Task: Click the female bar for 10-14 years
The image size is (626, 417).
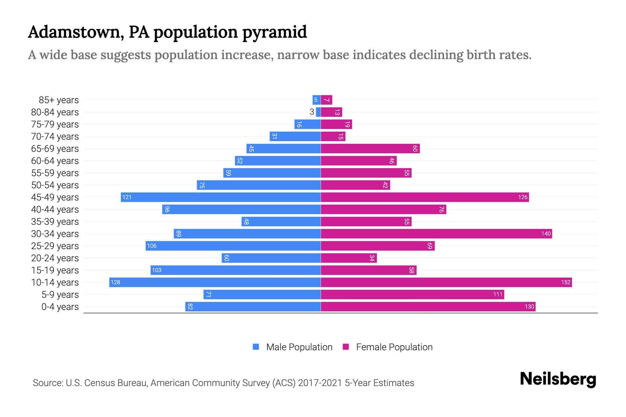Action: [x=446, y=282]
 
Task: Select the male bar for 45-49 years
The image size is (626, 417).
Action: [x=221, y=197]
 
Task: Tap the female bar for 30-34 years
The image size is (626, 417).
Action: [x=436, y=234]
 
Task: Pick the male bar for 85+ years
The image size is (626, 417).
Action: [x=316, y=100]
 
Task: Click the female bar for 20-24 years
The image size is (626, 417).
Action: [x=348, y=258]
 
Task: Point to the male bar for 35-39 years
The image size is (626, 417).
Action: [x=281, y=221]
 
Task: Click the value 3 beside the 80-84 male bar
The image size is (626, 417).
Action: [x=312, y=112]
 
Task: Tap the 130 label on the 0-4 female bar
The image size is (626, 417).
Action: [x=529, y=306]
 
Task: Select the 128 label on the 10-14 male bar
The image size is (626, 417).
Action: [x=115, y=282]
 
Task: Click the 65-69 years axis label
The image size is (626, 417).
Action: [x=55, y=149]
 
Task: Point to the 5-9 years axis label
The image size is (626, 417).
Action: [x=60, y=295]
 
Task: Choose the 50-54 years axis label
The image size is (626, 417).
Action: [x=55, y=185]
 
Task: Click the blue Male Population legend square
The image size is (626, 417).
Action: [x=256, y=347]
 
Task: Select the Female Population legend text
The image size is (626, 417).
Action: [x=394, y=347]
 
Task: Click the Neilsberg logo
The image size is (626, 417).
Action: [x=558, y=379]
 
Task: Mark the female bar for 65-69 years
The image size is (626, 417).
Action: [x=370, y=148]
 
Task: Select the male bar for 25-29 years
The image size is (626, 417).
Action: [x=233, y=246]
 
